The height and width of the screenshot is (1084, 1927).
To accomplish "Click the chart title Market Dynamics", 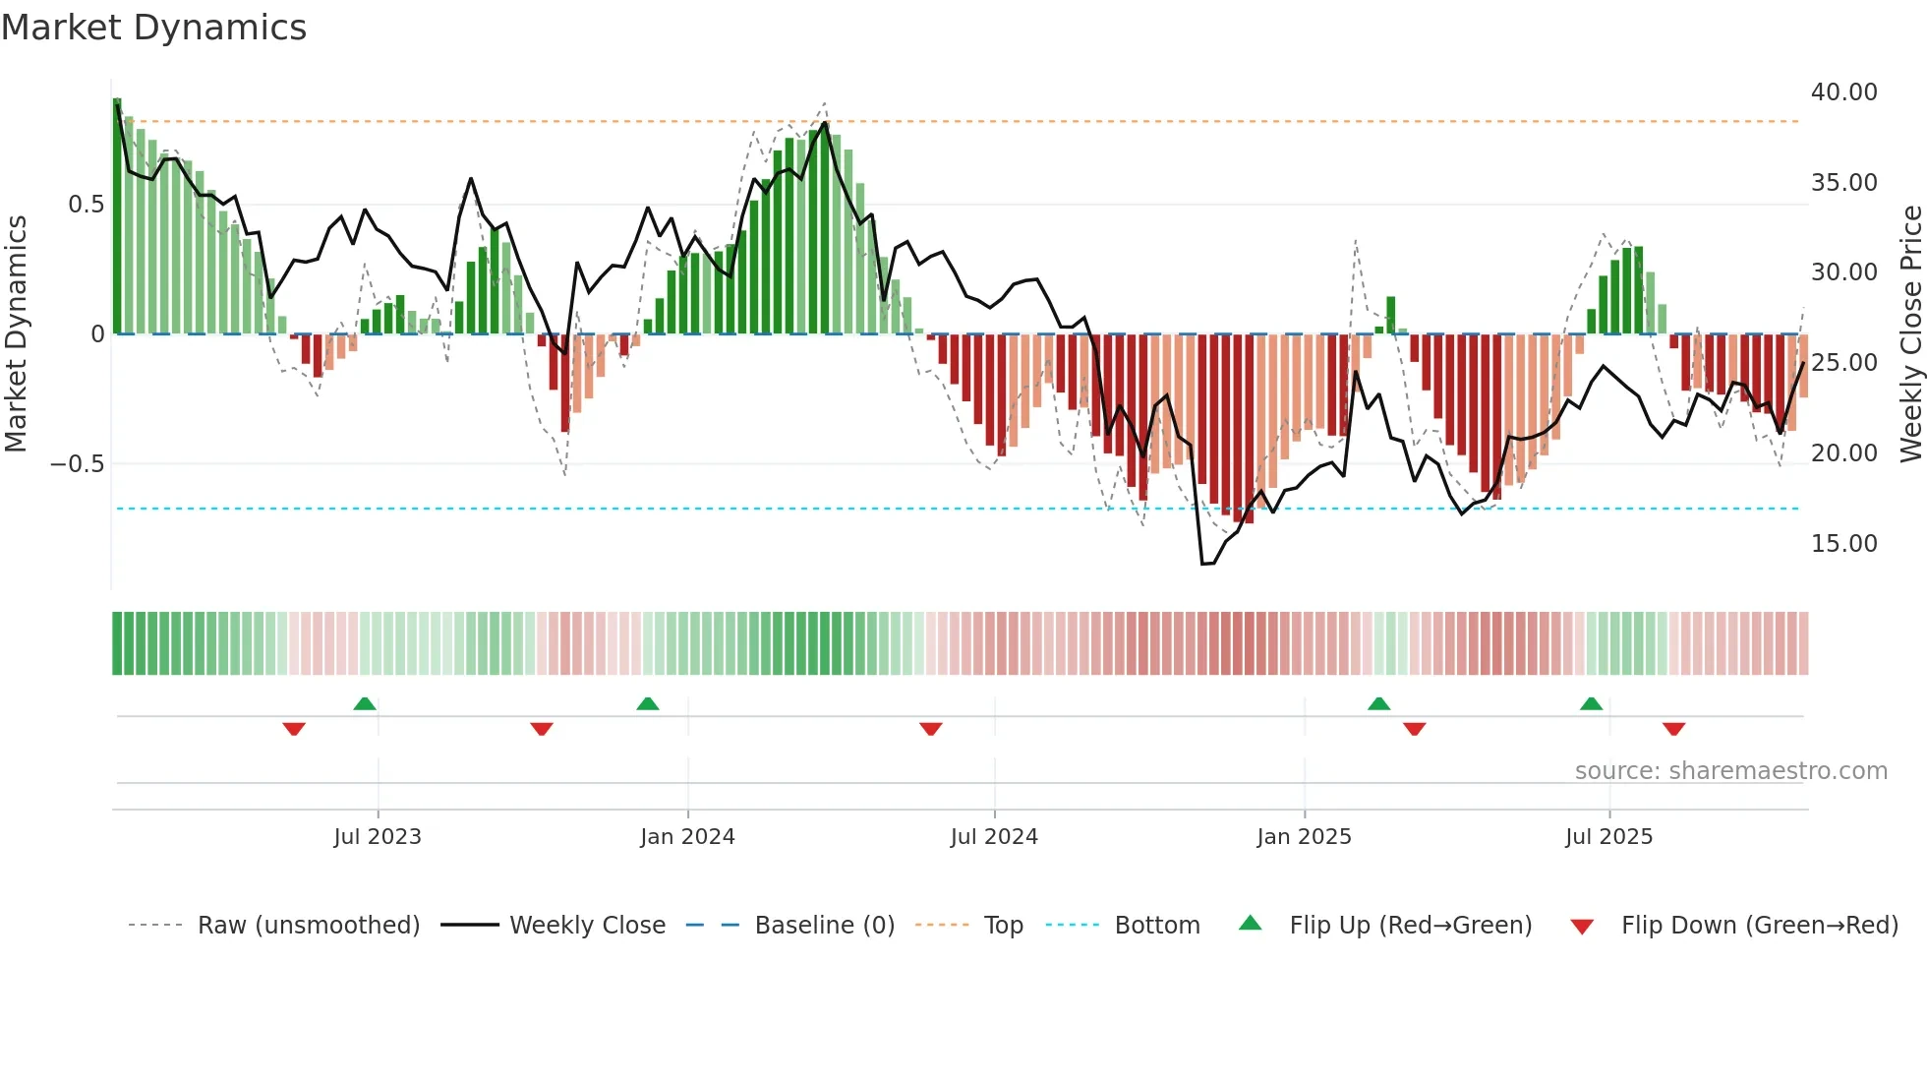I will coord(153,28).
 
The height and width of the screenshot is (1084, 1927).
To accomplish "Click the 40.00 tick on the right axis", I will coord(1843,92).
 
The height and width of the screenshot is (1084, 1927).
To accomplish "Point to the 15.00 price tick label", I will coord(1843,544).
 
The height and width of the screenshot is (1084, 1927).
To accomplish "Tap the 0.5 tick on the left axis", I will coord(86,205).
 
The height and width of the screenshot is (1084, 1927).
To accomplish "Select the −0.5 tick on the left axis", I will coord(77,464).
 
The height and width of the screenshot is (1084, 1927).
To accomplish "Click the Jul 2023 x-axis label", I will coord(378,837).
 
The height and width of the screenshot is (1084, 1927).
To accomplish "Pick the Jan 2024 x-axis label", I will coord(687,837).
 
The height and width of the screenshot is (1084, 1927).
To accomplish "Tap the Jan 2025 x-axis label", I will coord(1304,837).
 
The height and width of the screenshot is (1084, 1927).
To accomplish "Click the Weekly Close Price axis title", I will coord(1910,333).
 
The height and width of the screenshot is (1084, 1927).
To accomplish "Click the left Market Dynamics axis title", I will coord(16,333).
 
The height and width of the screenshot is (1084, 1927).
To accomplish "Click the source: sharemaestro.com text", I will coord(1730,771).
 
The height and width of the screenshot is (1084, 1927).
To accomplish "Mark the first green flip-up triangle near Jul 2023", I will coord(365,703).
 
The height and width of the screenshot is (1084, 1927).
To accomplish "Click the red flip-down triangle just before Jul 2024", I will coord(931,729).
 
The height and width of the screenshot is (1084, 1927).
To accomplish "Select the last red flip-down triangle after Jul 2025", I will coord(1674,729).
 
